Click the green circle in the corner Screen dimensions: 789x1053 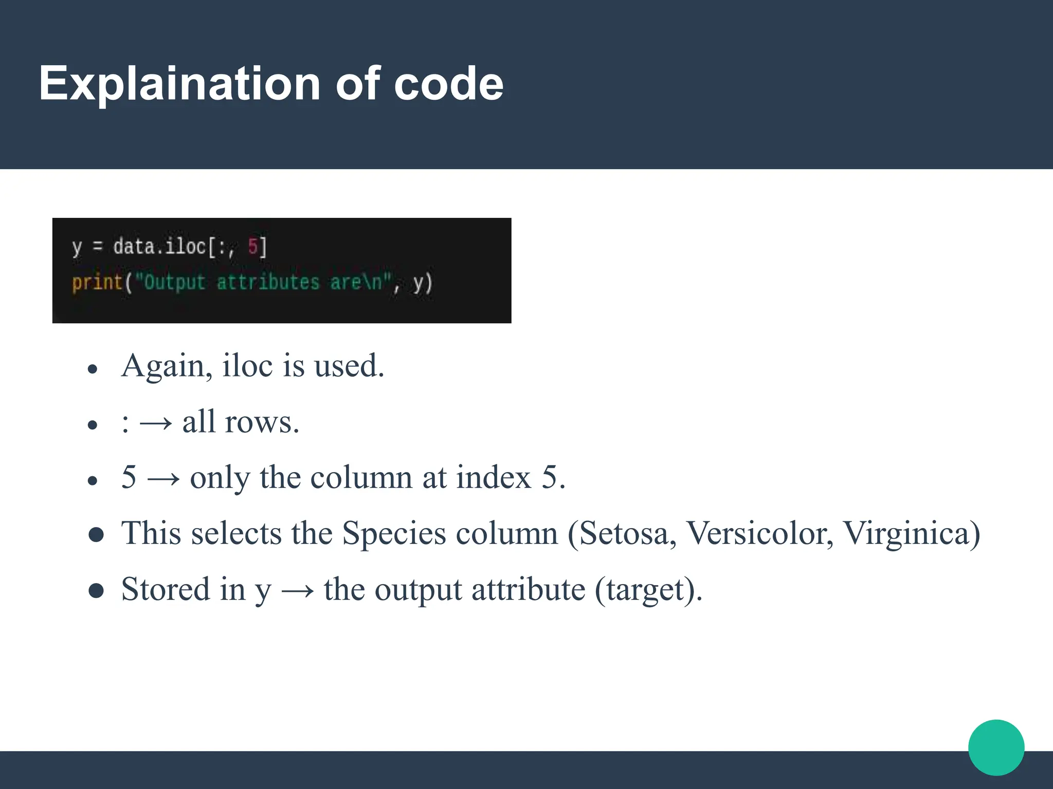(x=996, y=747)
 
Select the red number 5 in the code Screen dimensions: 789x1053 (x=253, y=247)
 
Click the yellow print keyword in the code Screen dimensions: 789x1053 (x=97, y=283)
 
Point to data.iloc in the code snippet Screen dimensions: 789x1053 (x=159, y=247)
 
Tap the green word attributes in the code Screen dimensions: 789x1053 (x=268, y=283)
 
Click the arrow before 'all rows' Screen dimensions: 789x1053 (x=156, y=423)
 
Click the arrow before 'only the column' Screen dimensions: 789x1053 (x=164, y=479)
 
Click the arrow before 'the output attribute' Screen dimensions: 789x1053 (x=298, y=590)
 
